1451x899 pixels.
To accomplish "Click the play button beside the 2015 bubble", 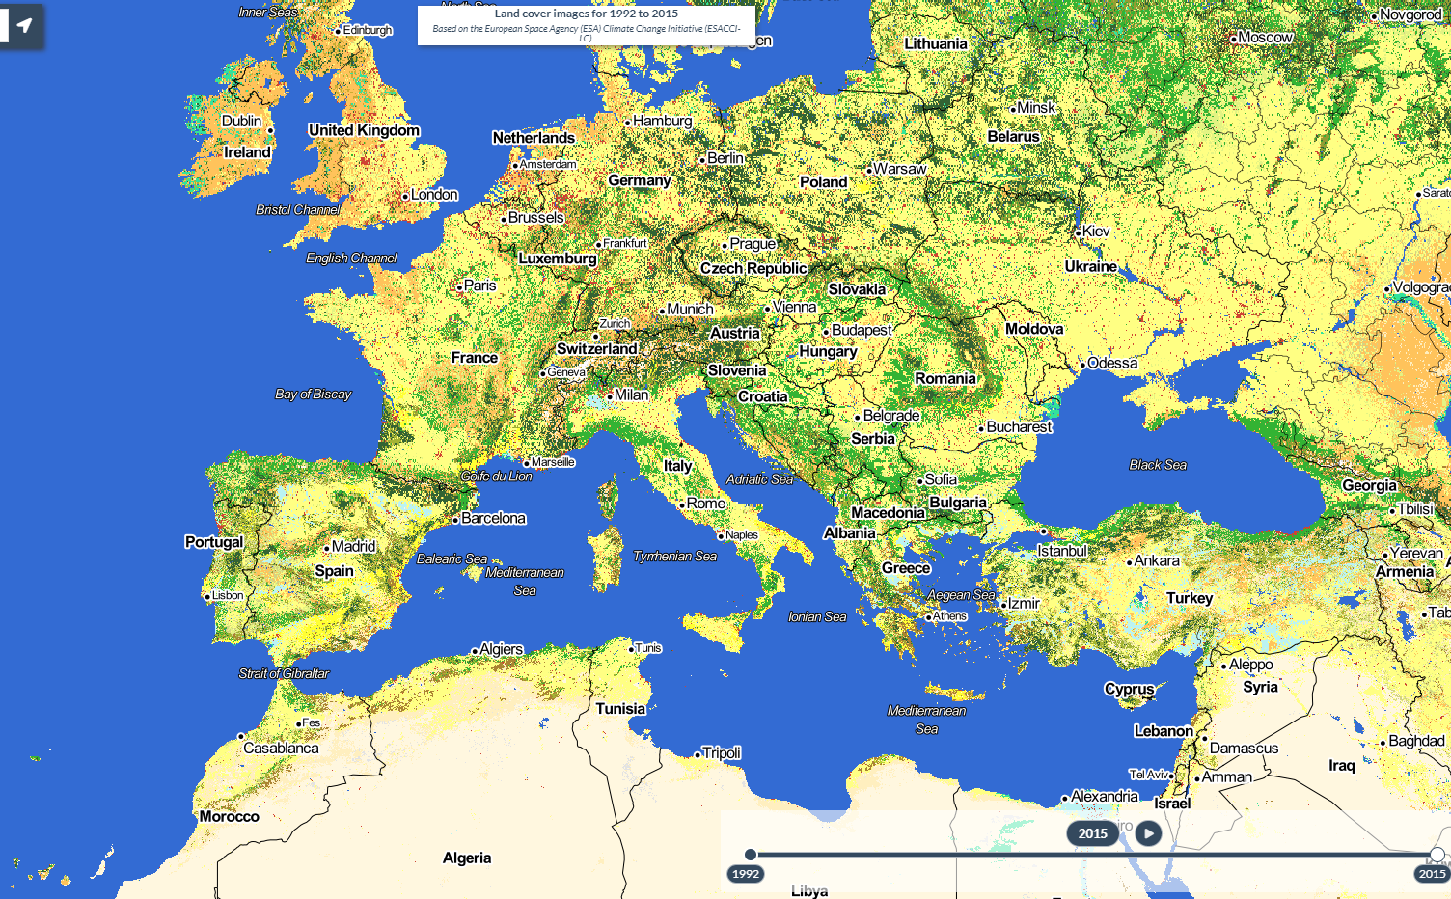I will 1148,833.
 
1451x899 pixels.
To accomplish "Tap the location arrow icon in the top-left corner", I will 24,25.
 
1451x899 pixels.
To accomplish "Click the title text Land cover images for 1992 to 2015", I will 586,14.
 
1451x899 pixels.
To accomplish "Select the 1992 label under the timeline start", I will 745,874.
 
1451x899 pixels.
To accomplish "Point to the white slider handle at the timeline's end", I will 1437,855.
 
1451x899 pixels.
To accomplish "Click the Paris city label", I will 479,286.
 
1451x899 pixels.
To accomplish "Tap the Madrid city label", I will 353,546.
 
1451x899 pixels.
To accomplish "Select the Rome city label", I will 705,504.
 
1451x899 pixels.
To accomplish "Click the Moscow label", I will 1265,38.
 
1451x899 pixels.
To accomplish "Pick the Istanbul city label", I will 1061,551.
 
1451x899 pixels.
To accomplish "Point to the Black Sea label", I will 1158,465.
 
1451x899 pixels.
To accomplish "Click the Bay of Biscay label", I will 313,394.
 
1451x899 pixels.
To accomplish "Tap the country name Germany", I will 639,180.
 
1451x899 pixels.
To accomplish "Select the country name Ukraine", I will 1090,266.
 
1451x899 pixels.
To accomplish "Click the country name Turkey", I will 1189,598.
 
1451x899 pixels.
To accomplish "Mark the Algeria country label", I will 467,858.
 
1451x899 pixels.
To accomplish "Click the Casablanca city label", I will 281,748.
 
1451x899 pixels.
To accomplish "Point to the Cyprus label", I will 1129,689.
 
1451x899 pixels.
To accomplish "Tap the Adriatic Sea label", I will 759,479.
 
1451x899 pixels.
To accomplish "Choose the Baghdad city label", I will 1416,741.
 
